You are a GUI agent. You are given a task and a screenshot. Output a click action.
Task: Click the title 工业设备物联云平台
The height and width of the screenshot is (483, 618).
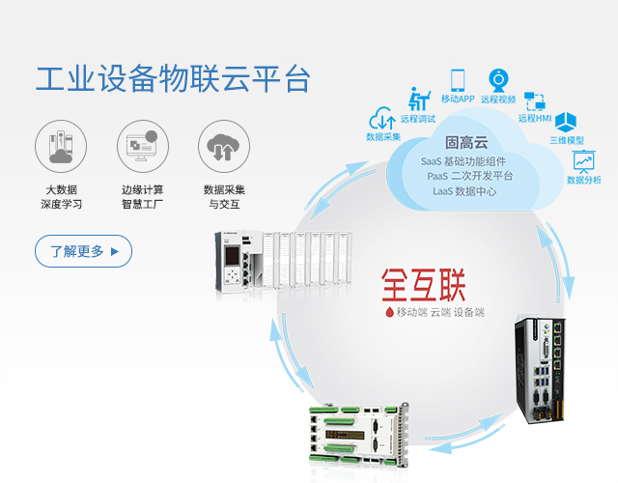click(x=174, y=79)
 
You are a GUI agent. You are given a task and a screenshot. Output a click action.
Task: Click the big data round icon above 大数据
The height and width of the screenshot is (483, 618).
click(x=60, y=147)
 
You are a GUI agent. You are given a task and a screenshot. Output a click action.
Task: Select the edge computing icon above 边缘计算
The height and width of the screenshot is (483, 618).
click(x=142, y=147)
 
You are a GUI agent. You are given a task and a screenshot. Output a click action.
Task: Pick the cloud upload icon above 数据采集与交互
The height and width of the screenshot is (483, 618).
click(x=223, y=147)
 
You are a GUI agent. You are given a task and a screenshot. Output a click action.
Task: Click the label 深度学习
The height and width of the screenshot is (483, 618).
click(x=61, y=205)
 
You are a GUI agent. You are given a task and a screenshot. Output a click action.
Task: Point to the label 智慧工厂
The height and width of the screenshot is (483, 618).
click(x=142, y=205)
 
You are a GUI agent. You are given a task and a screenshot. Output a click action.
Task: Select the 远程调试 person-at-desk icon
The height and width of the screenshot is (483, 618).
click(x=419, y=99)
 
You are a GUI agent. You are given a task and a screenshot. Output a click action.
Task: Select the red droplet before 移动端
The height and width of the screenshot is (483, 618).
click(x=389, y=313)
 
